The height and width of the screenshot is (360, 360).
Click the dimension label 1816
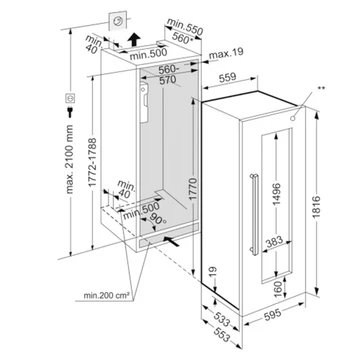316,207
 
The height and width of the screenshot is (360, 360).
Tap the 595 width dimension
272,313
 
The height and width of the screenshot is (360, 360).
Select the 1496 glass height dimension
277,194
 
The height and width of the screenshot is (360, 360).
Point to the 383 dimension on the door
274,241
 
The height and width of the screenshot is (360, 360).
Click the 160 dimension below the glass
278,288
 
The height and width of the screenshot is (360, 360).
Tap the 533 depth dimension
221,318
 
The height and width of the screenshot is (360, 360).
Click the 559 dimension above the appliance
227,77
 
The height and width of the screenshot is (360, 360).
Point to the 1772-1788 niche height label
93,162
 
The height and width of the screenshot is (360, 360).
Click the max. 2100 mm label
70,159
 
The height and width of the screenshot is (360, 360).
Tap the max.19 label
230,52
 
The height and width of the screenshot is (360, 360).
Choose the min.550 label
185,26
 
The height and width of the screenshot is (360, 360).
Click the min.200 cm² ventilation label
106,295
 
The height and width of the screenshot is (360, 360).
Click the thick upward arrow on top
134,40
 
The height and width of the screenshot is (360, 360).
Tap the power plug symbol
70,112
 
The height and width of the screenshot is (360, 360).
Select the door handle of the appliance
253,214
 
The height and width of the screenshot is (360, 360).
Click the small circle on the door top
293,118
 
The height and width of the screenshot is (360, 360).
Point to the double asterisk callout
322,88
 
